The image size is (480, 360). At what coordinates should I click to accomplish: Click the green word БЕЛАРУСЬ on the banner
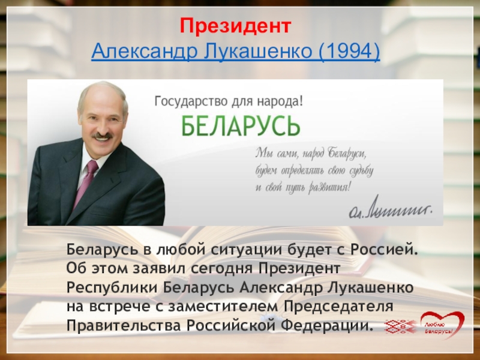point(241,125)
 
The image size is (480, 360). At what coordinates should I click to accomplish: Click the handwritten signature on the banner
point(391,207)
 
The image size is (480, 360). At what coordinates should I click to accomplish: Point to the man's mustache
point(101,136)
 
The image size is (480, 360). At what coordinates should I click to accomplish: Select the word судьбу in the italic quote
point(356,170)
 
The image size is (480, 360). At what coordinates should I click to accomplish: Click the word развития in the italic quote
point(328,187)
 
